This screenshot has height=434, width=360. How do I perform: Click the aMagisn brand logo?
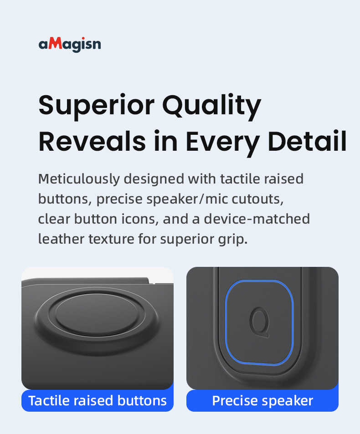70,44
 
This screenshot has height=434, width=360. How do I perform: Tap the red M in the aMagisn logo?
56,43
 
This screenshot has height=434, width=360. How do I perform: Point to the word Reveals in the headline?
92,141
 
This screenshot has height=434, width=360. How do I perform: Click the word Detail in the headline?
307,141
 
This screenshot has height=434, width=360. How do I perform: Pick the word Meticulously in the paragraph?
79,179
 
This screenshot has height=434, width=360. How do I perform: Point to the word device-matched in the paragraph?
257,219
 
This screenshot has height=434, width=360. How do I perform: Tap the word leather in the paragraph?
61,239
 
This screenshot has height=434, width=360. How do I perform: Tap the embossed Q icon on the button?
259,323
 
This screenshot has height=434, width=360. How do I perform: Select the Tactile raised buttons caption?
98,400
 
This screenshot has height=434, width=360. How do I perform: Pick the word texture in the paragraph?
111,239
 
